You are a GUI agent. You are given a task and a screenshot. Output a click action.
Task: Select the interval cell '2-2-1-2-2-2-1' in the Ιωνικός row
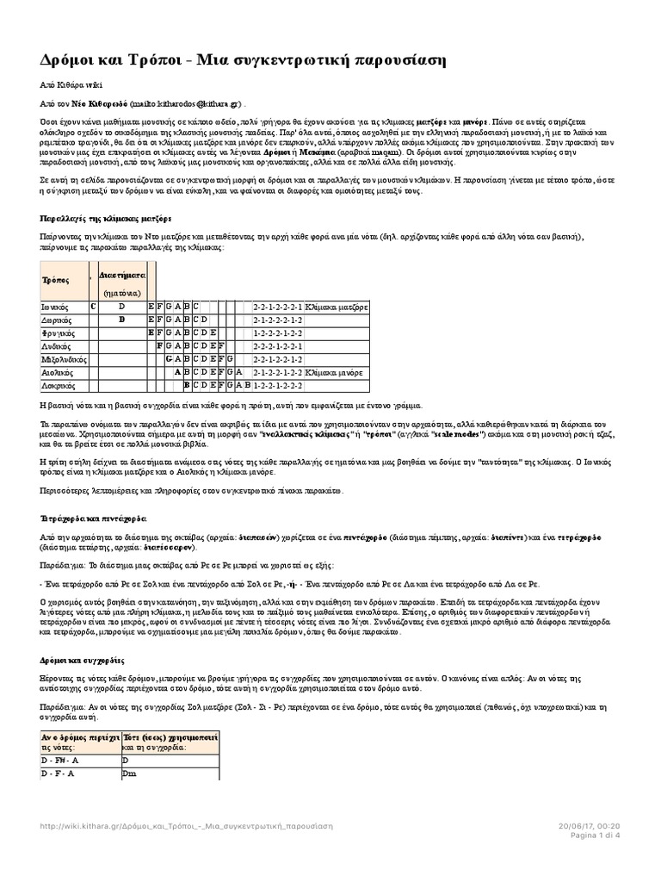pyautogui.click(x=277, y=306)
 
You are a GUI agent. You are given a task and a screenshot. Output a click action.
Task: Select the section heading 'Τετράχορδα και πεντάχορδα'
pyautogui.click(x=93, y=519)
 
